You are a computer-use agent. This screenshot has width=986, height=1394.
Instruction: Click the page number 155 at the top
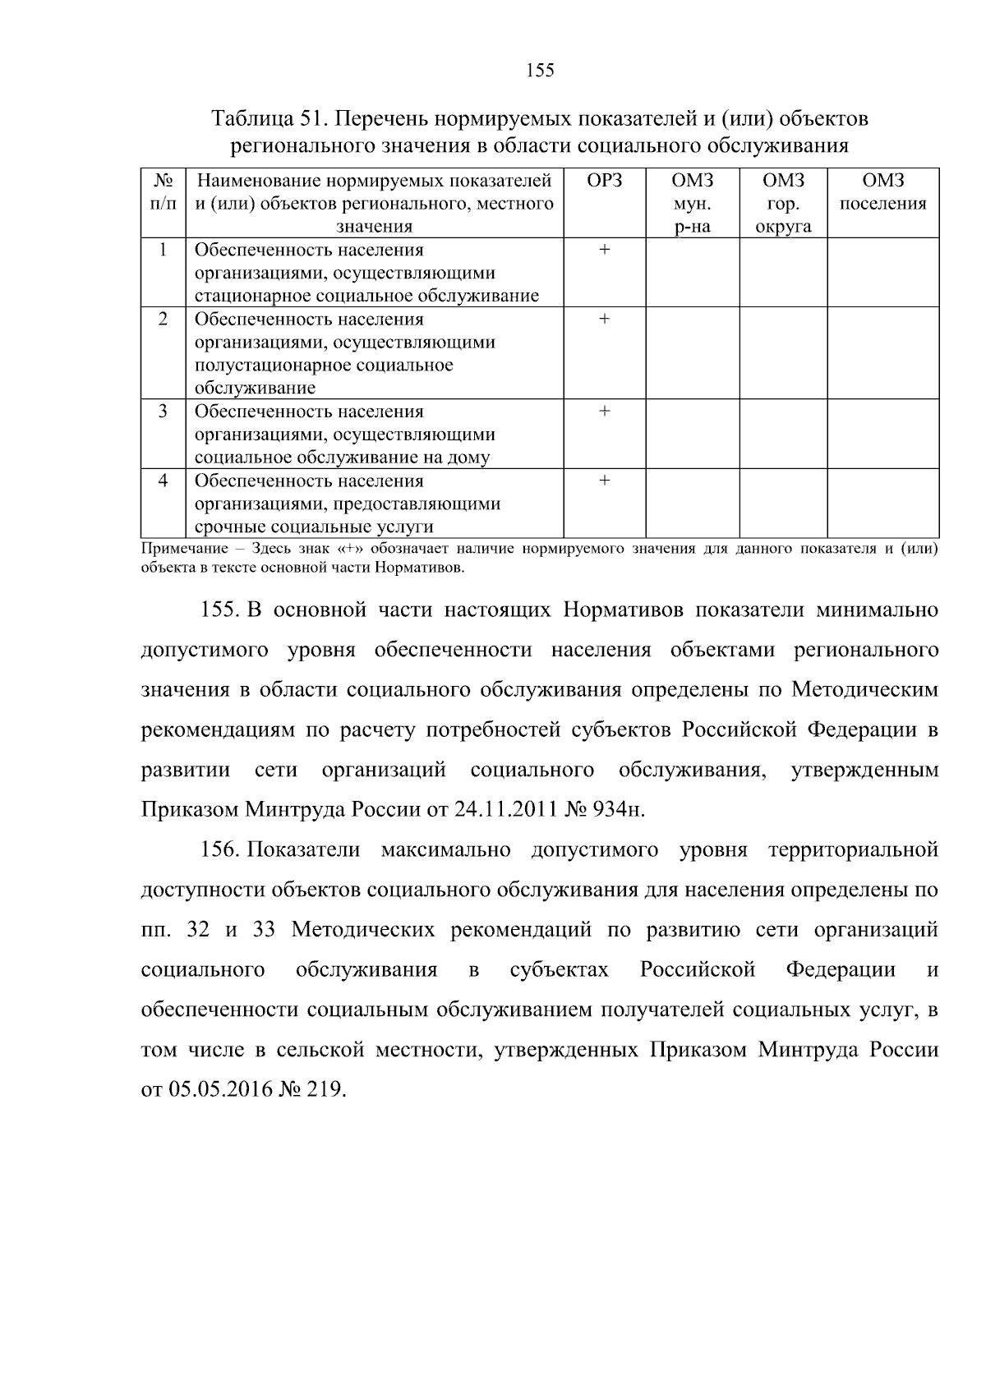pyautogui.click(x=540, y=71)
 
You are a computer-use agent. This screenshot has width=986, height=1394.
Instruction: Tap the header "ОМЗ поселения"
pyautogui.click(x=882, y=192)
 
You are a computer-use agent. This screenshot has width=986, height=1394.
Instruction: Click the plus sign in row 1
pyautogui.click(x=604, y=250)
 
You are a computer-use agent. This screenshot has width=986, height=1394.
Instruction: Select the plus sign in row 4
pyautogui.click(x=604, y=481)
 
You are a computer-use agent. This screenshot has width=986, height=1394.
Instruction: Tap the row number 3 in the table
pyautogui.click(x=163, y=412)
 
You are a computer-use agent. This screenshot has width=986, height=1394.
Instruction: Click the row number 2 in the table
pyautogui.click(x=163, y=319)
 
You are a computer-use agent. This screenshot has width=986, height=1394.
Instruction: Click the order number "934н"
pyautogui.click(x=618, y=810)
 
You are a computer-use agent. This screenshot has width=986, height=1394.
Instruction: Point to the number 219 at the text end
pyautogui.click(x=325, y=1089)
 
